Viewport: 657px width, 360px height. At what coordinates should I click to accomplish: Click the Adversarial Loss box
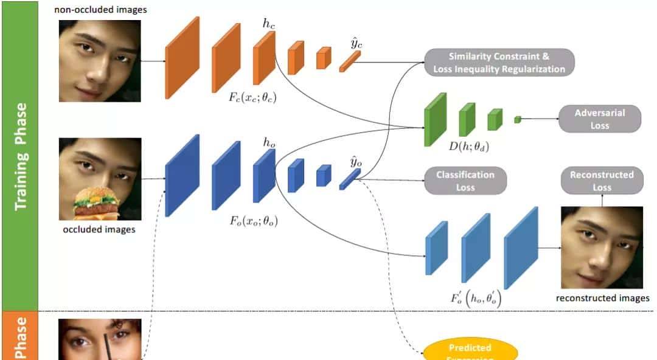point(599,119)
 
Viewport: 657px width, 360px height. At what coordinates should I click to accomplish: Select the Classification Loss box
point(465,181)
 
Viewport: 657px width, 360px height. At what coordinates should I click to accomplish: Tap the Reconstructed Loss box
point(602,181)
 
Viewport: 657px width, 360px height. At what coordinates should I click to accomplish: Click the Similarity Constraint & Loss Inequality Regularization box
point(499,63)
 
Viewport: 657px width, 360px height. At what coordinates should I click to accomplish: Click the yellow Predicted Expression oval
point(470,350)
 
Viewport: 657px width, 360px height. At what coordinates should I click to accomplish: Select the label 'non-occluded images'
point(100,10)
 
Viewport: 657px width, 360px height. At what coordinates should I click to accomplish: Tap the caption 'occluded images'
point(99,230)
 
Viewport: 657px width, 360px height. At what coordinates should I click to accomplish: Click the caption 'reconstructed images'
point(602,298)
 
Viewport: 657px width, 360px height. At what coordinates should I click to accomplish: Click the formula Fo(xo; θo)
point(253,220)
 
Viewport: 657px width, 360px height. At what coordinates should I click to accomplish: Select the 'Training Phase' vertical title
point(21,156)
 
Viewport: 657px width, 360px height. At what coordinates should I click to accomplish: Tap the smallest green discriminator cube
point(518,119)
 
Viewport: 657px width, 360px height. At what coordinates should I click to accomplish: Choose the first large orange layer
point(182,57)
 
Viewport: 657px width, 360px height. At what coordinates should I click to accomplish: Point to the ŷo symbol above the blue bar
point(356,161)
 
